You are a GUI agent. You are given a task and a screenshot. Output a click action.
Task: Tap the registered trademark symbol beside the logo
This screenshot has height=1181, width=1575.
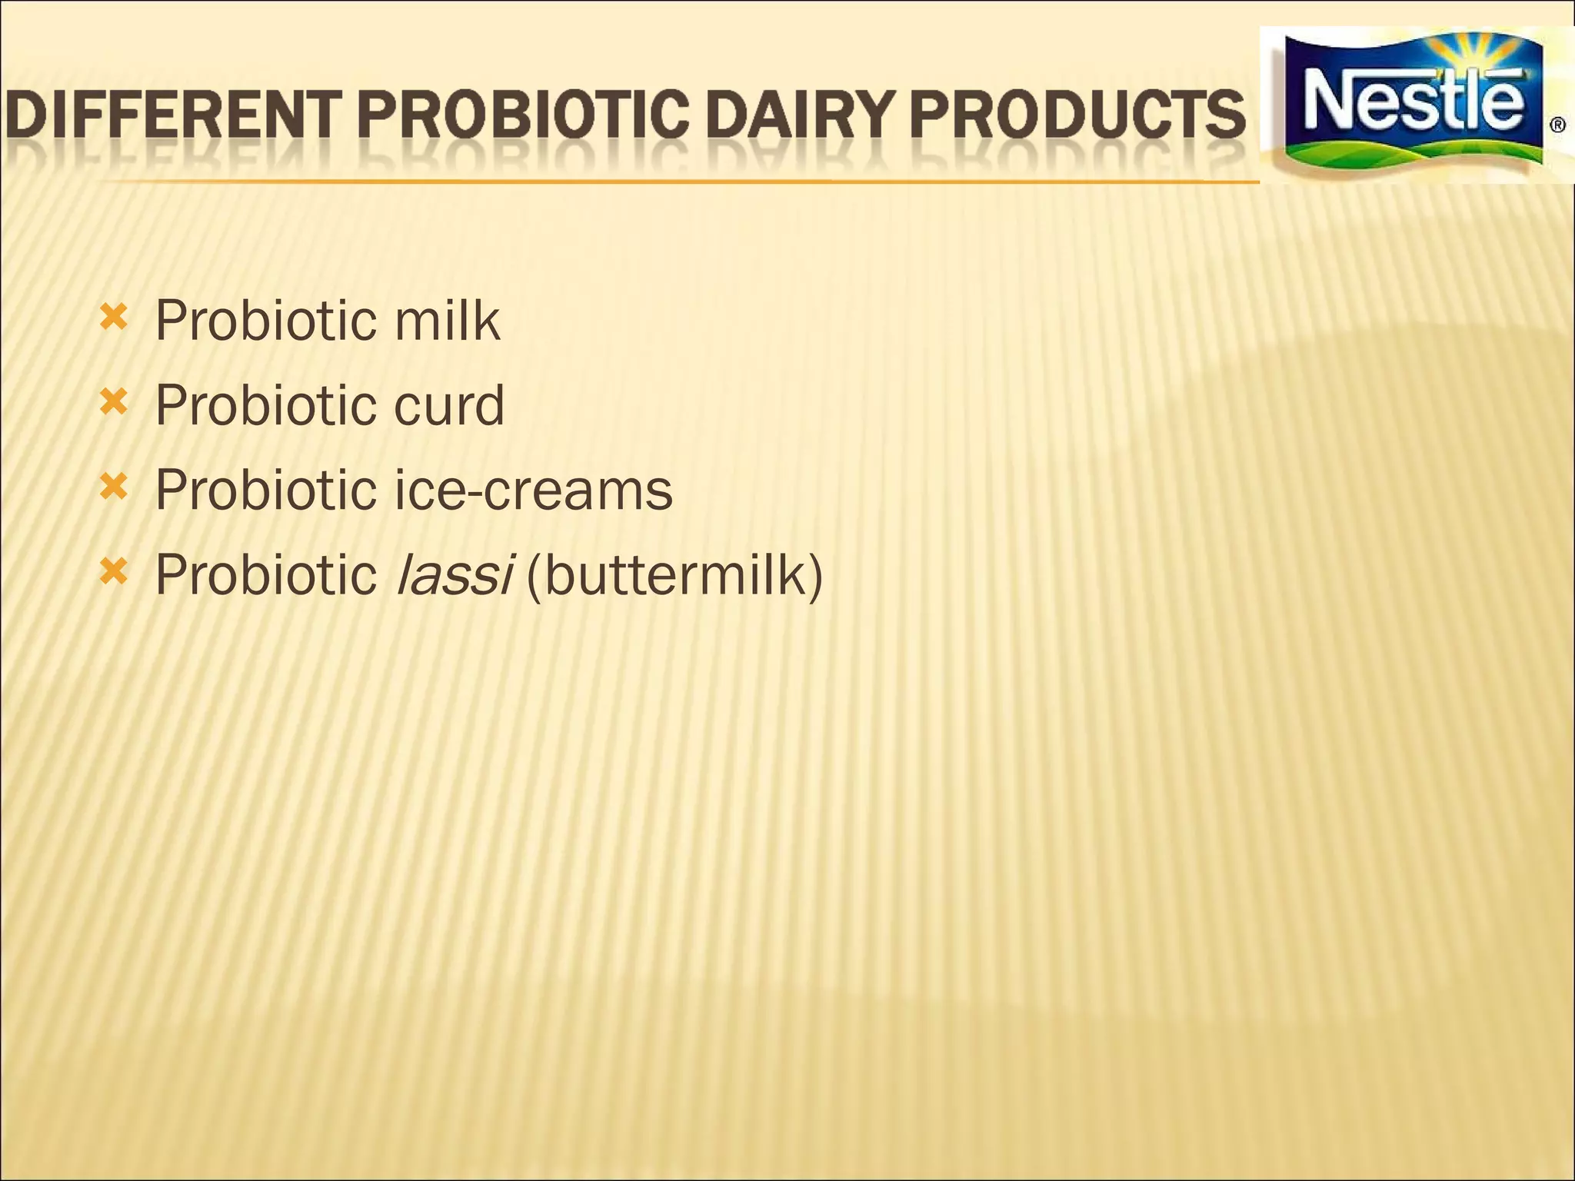tap(1557, 125)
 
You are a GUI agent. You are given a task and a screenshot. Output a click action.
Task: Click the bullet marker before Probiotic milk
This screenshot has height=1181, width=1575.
tap(113, 316)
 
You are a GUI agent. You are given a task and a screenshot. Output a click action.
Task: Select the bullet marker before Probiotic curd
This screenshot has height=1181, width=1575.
tap(113, 401)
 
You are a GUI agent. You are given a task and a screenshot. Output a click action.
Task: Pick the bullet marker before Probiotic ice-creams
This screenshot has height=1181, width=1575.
tap(113, 486)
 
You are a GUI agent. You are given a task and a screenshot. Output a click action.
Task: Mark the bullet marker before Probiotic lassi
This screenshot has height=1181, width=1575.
tap(113, 571)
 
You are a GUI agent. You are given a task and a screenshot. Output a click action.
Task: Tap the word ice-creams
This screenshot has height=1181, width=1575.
tap(533, 491)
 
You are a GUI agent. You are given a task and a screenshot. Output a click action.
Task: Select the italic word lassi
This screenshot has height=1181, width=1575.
tap(453, 575)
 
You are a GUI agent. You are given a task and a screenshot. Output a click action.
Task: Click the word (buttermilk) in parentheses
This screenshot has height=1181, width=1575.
tap(674, 575)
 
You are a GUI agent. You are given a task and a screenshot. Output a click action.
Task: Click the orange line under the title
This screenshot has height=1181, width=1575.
tap(677, 181)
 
